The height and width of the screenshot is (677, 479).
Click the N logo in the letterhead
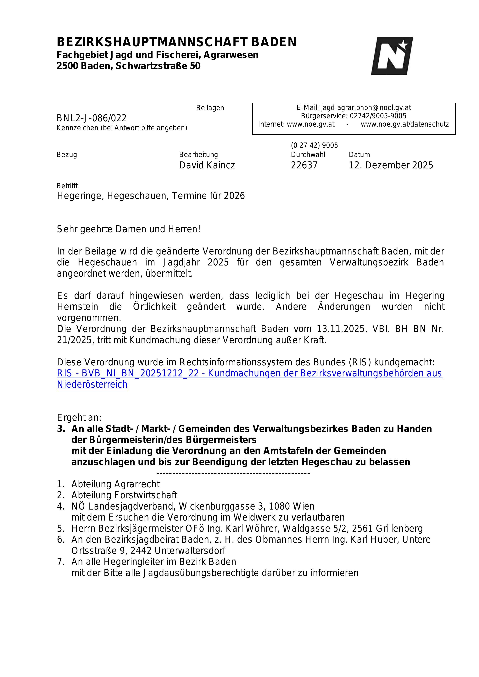392,56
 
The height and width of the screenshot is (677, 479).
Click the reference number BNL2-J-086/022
92,118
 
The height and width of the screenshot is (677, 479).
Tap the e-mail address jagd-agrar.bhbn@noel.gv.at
366,108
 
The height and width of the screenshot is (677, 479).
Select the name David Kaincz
207,165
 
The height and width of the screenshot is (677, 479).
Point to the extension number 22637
304,165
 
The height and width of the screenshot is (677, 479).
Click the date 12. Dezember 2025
391,165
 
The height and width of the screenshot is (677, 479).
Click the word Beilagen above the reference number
210,108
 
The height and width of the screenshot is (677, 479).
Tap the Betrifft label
67,186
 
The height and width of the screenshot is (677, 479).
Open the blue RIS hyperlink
249,373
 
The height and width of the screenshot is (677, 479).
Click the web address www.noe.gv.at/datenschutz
405,124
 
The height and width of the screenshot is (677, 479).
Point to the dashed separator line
233,473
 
